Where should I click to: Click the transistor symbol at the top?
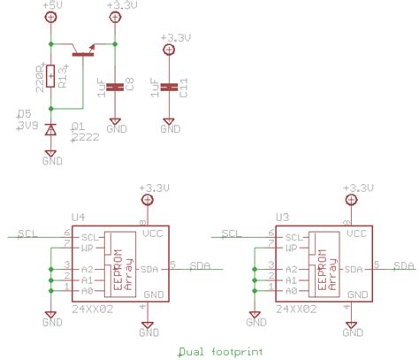pos(85,51)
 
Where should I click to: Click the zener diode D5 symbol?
pos(52,129)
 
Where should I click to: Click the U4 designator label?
pos(79,217)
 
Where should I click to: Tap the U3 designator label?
pos(282,217)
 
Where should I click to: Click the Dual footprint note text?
pos(220,352)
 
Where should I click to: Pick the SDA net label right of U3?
pos(404,264)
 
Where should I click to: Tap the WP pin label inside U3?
pos(290,249)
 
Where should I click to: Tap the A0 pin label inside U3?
pos(290,290)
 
